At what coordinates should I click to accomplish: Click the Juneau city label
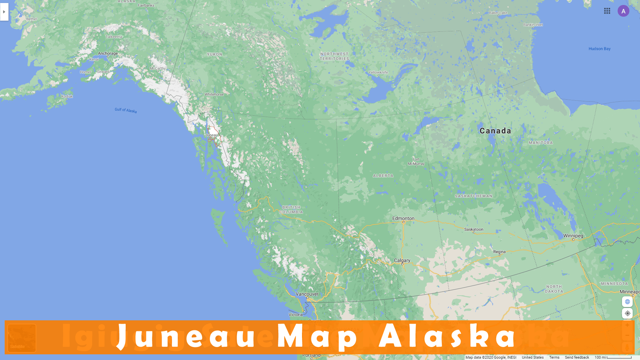coord(211,135)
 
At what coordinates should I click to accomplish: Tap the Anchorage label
coord(108,53)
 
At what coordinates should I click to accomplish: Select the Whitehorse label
coord(214,94)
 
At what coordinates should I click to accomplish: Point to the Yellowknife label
coord(378,72)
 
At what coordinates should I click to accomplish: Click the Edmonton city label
coord(403,218)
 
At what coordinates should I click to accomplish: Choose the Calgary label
coord(402,260)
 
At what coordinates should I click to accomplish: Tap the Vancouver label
coord(307,294)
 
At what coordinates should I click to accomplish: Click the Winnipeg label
coord(573,236)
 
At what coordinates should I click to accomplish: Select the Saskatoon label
coord(474,229)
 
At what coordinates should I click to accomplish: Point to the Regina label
coord(499,252)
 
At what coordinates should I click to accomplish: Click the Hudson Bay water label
coord(599,49)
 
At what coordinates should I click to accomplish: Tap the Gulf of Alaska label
coord(126,110)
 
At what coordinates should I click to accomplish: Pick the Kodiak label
coord(67,96)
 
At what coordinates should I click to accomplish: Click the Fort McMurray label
coord(416,162)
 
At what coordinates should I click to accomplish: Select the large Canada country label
coord(495,131)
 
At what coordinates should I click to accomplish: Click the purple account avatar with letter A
coord(623,11)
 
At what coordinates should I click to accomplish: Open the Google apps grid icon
coord(607,11)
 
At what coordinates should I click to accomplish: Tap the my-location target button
coord(627,313)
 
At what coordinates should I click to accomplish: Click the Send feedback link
coord(577,357)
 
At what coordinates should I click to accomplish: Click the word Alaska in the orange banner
coord(447,337)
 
